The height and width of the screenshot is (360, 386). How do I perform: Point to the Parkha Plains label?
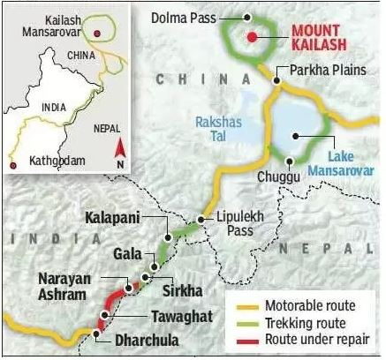322,71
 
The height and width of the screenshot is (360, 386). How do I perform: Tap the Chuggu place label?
280,176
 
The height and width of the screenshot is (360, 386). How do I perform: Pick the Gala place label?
126,253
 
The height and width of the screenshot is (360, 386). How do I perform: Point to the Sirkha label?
180,287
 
